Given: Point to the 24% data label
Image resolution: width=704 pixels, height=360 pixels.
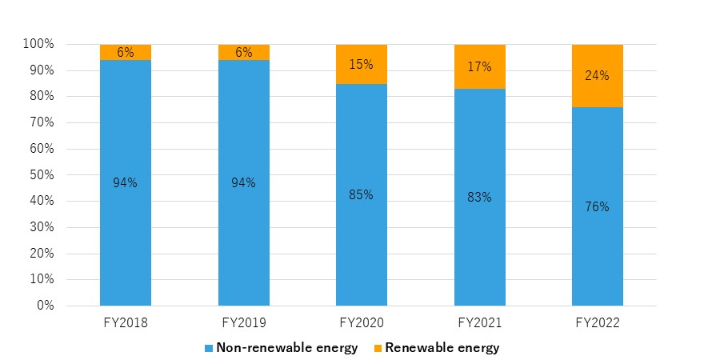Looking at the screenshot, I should [x=598, y=76].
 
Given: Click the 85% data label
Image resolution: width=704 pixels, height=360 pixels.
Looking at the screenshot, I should [x=362, y=194].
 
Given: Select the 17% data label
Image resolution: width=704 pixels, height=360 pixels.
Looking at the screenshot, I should [x=480, y=68].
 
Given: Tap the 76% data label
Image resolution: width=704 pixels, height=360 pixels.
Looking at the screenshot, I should [x=598, y=206].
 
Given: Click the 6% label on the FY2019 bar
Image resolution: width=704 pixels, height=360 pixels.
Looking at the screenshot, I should [x=244, y=53].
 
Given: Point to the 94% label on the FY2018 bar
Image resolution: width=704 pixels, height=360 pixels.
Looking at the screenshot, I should [x=126, y=182].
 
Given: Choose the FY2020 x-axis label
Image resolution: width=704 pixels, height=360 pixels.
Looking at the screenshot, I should [x=362, y=323].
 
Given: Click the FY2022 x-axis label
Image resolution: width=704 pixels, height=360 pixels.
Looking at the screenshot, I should [x=598, y=323].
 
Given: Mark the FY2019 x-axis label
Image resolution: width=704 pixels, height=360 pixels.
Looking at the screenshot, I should [x=244, y=323].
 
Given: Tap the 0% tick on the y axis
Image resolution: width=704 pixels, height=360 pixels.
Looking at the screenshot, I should [x=44, y=306].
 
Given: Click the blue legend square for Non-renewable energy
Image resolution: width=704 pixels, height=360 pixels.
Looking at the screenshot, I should [x=210, y=348].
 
